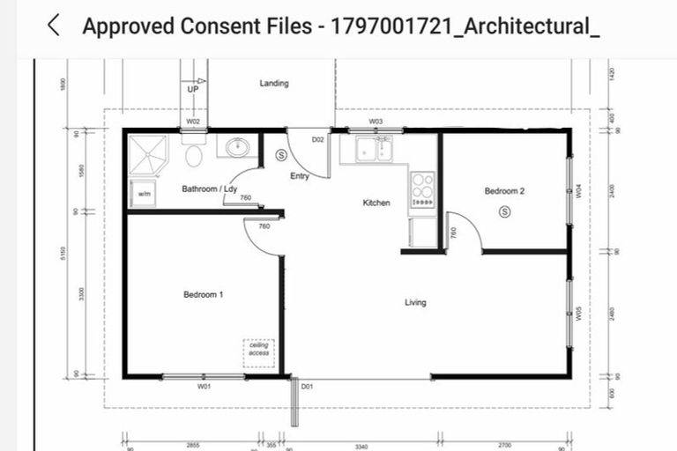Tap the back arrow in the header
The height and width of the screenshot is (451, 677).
point(54,26)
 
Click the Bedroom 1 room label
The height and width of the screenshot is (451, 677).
point(203,294)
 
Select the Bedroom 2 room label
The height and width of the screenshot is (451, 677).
point(504,191)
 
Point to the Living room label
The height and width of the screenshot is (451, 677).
point(415,302)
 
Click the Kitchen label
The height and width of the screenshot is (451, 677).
point(376,203)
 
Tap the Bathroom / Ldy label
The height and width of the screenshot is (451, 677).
point(209,189)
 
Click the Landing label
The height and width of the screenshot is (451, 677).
point(273,84)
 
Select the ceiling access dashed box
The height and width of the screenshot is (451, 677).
point(259,353)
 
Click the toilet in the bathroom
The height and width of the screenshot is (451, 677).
point(195,155)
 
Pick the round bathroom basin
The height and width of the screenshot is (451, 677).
point(237,147)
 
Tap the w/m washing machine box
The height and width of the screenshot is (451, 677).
point(143,194)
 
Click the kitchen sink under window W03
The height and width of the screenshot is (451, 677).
point(375,149)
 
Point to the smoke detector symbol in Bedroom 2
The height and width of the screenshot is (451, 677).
point(504,211)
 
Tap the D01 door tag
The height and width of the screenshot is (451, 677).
point(307,386)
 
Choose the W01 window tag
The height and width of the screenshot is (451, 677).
point(204,386)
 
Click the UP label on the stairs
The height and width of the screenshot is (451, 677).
point(193,89)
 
